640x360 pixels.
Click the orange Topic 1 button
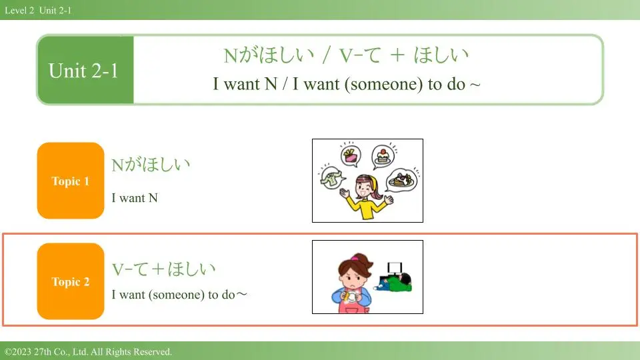(71, 181)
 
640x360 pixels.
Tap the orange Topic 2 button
(71, 281)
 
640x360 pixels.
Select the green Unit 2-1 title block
(85, 70)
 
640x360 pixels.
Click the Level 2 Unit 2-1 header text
(38, 10)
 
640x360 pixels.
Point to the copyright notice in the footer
(88, 351)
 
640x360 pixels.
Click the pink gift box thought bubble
(351, 155)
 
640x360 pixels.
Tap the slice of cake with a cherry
(383, 156)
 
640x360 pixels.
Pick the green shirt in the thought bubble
(332, 178)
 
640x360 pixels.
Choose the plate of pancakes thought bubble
(401, 180)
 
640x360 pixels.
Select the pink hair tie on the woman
(355, 258)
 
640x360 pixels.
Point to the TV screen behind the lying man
(395, 268)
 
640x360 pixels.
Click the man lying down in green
(394, 283)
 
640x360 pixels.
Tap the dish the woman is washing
(351, 297)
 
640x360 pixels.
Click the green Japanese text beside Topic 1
(151, 165)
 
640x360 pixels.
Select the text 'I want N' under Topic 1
(135, 198)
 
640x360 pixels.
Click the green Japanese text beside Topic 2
(164, 269)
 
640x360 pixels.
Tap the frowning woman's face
(351, 276)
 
